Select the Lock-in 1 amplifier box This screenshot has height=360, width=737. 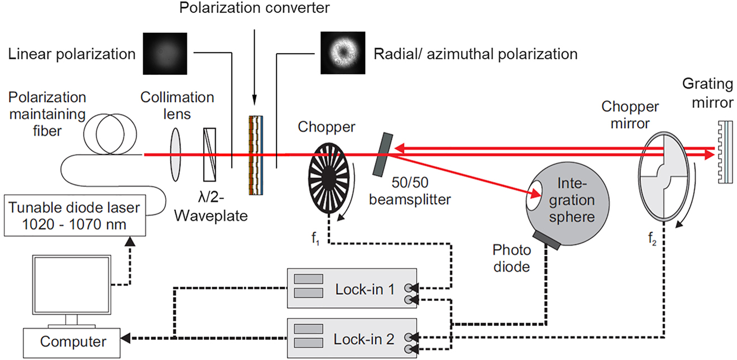[x=352, y=288]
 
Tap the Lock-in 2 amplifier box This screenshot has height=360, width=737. [x=352, y=338]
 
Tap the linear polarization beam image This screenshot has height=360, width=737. [x=164, y=54]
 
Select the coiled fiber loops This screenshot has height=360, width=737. [x=110, y=135]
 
